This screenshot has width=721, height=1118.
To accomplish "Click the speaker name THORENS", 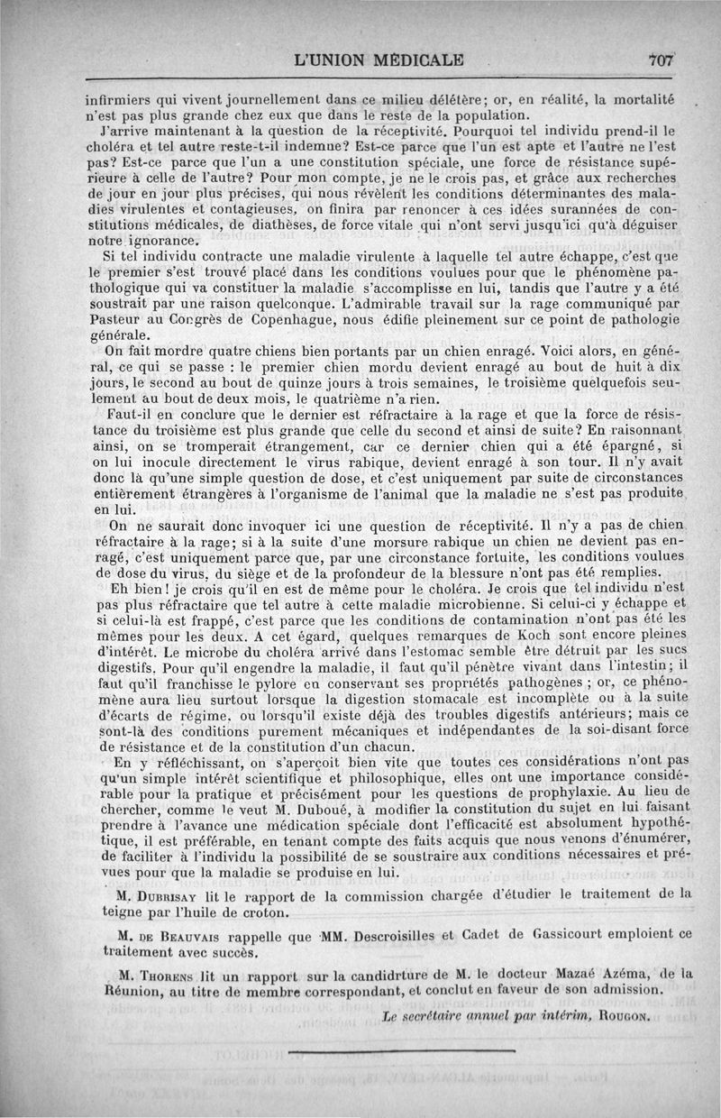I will click(x=180, y=973).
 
